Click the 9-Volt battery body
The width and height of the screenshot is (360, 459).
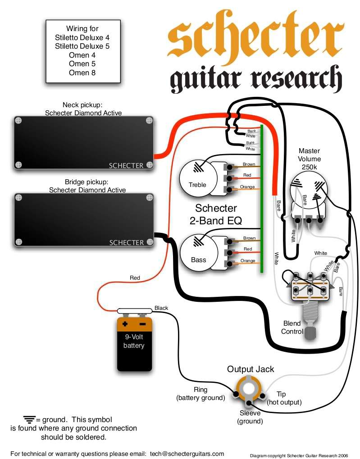click(134, 344)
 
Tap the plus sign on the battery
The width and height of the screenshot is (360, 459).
click(125, 324)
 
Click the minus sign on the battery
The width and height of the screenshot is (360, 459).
click(143, 324)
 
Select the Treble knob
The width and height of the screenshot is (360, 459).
click(198, 178)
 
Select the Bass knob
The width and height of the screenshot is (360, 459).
click(199, 253)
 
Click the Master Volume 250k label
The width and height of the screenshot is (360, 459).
click(310, 159)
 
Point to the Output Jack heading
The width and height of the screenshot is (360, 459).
click(251, 369)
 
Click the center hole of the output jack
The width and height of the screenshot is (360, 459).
click(248, 388)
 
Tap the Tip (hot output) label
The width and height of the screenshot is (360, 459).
click(284, 398)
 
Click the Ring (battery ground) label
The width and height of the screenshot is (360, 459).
click(201, 394)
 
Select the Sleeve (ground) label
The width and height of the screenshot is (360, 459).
click(250, 417)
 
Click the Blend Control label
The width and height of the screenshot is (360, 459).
click(292, 327)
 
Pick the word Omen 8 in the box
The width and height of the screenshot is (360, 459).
click(82, 73)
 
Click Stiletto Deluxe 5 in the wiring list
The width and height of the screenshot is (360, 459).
click(82, 46)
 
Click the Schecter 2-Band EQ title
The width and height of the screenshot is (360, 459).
click(216, 214)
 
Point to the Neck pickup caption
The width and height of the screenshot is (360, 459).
click(83, 109)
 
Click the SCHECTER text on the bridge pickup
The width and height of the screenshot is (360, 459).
click(127, 243)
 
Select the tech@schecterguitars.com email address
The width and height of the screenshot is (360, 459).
click(187, 454)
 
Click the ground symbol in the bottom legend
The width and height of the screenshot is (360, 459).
click(29, 420)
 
